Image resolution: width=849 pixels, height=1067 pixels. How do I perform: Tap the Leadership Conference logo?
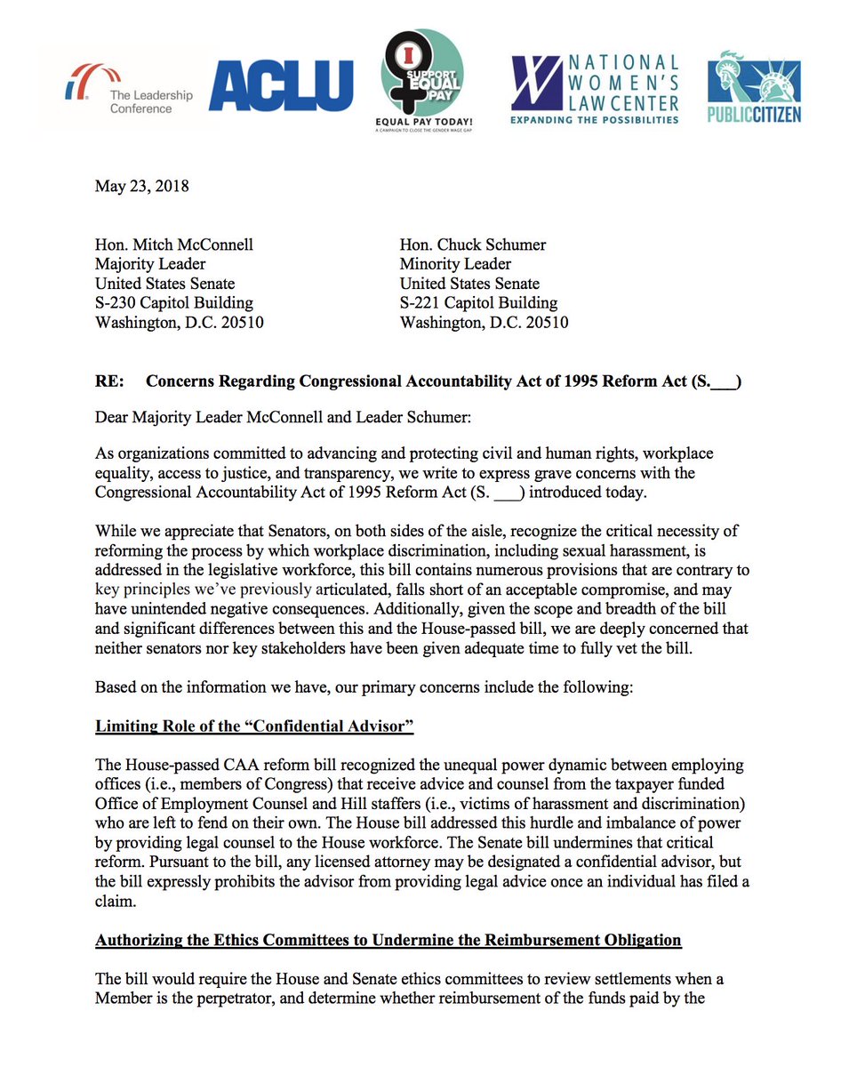120,92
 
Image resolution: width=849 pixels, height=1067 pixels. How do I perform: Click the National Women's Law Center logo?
595,89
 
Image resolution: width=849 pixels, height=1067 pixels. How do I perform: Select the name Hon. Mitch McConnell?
169,245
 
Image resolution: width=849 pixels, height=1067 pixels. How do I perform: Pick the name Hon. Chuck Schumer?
472,245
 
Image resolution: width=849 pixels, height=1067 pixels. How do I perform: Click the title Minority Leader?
455,264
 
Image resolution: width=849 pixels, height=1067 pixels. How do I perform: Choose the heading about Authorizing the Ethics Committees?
388,940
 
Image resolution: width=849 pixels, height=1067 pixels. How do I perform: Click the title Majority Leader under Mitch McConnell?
150,264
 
